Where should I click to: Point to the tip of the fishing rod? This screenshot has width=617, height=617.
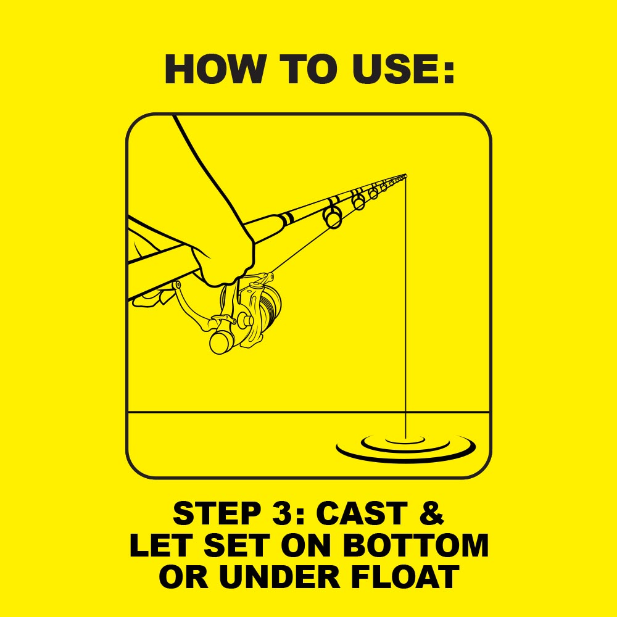[406, 175]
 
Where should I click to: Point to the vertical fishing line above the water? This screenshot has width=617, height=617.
[405, 307]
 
